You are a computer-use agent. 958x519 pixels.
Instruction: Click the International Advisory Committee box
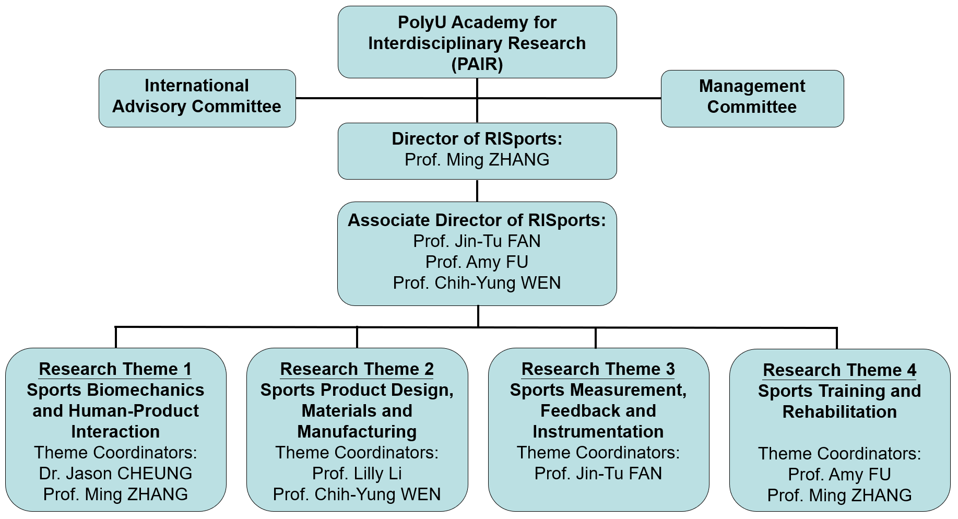[x=197, y=98]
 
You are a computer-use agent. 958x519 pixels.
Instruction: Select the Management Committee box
[x=752, y=98]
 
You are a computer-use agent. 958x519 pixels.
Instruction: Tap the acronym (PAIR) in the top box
[x=477, y=64]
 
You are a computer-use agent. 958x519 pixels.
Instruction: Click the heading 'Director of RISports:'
[x=477, y=139]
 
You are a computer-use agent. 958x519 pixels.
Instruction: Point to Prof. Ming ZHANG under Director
[x=477, y=160]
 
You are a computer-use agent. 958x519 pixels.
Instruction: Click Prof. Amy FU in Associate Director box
[x=477, y=262]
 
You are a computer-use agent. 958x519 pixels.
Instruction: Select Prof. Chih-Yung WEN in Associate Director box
[x=477, y=283]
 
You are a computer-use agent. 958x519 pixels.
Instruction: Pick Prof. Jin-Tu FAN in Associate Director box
[x=477, y=241]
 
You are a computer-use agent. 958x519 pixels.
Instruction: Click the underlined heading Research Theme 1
[x=115, y=369]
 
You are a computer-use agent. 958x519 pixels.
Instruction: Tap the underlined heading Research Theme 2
[x=357, y=369]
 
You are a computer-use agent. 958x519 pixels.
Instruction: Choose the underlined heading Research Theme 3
[x=598, y=369]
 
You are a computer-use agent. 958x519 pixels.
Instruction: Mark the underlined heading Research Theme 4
[x=839, y=370]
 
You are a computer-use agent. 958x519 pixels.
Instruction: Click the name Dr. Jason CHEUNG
[x=115, y=474]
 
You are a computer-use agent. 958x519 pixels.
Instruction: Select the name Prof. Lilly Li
[x=357, y=474]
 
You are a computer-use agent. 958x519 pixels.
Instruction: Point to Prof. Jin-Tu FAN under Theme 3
[x=598, y=474]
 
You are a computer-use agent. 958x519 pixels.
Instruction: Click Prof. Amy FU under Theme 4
[x=839, y=475]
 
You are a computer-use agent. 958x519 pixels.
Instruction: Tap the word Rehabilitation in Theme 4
[x=839, y=412]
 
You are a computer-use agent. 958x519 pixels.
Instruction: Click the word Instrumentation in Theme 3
[x=598, y=432]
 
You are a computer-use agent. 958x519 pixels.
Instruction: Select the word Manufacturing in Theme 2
[x=357, y=432]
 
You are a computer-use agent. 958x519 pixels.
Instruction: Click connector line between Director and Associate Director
[x=477, y=191]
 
